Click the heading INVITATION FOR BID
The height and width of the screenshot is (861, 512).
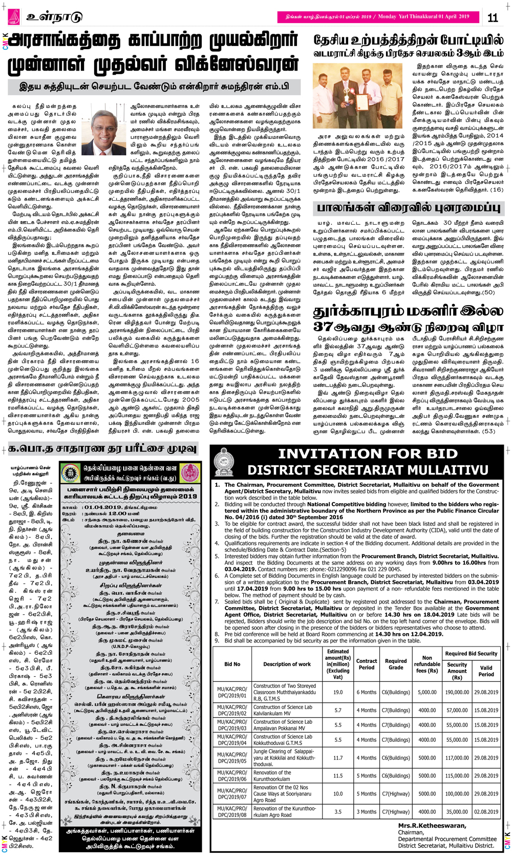point(368,454)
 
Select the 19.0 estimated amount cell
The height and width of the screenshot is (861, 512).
point(338,692)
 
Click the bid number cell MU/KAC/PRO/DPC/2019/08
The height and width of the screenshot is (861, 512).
point(232,811)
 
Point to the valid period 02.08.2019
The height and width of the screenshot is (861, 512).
point(486,811)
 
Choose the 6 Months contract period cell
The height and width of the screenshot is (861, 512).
point(367,692)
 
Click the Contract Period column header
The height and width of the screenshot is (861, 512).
point(367,664)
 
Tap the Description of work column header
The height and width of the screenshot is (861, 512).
point(287,664)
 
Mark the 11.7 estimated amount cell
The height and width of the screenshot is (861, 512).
point(338,758)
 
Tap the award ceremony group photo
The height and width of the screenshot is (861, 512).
point(357,96)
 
